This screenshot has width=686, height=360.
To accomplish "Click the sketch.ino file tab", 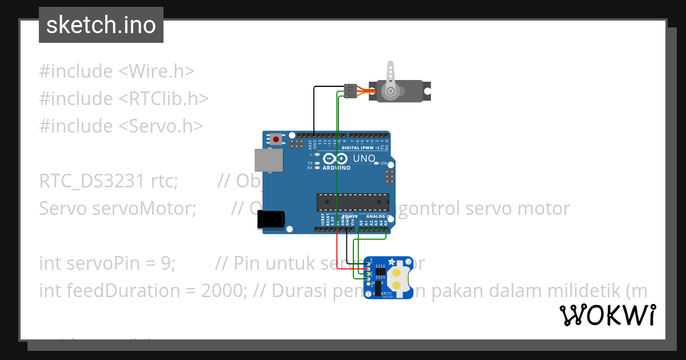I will coord(101,25).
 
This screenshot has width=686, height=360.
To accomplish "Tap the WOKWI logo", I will coord(607,315).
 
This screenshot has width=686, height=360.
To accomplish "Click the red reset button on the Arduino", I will coord(277,139).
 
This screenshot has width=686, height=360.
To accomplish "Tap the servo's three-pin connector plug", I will coord(350,91).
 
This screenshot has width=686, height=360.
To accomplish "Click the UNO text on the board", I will coord(364,158).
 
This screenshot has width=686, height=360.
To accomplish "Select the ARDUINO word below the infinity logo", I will coord(336,168).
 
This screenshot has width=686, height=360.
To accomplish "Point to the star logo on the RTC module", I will coord(392,262).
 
